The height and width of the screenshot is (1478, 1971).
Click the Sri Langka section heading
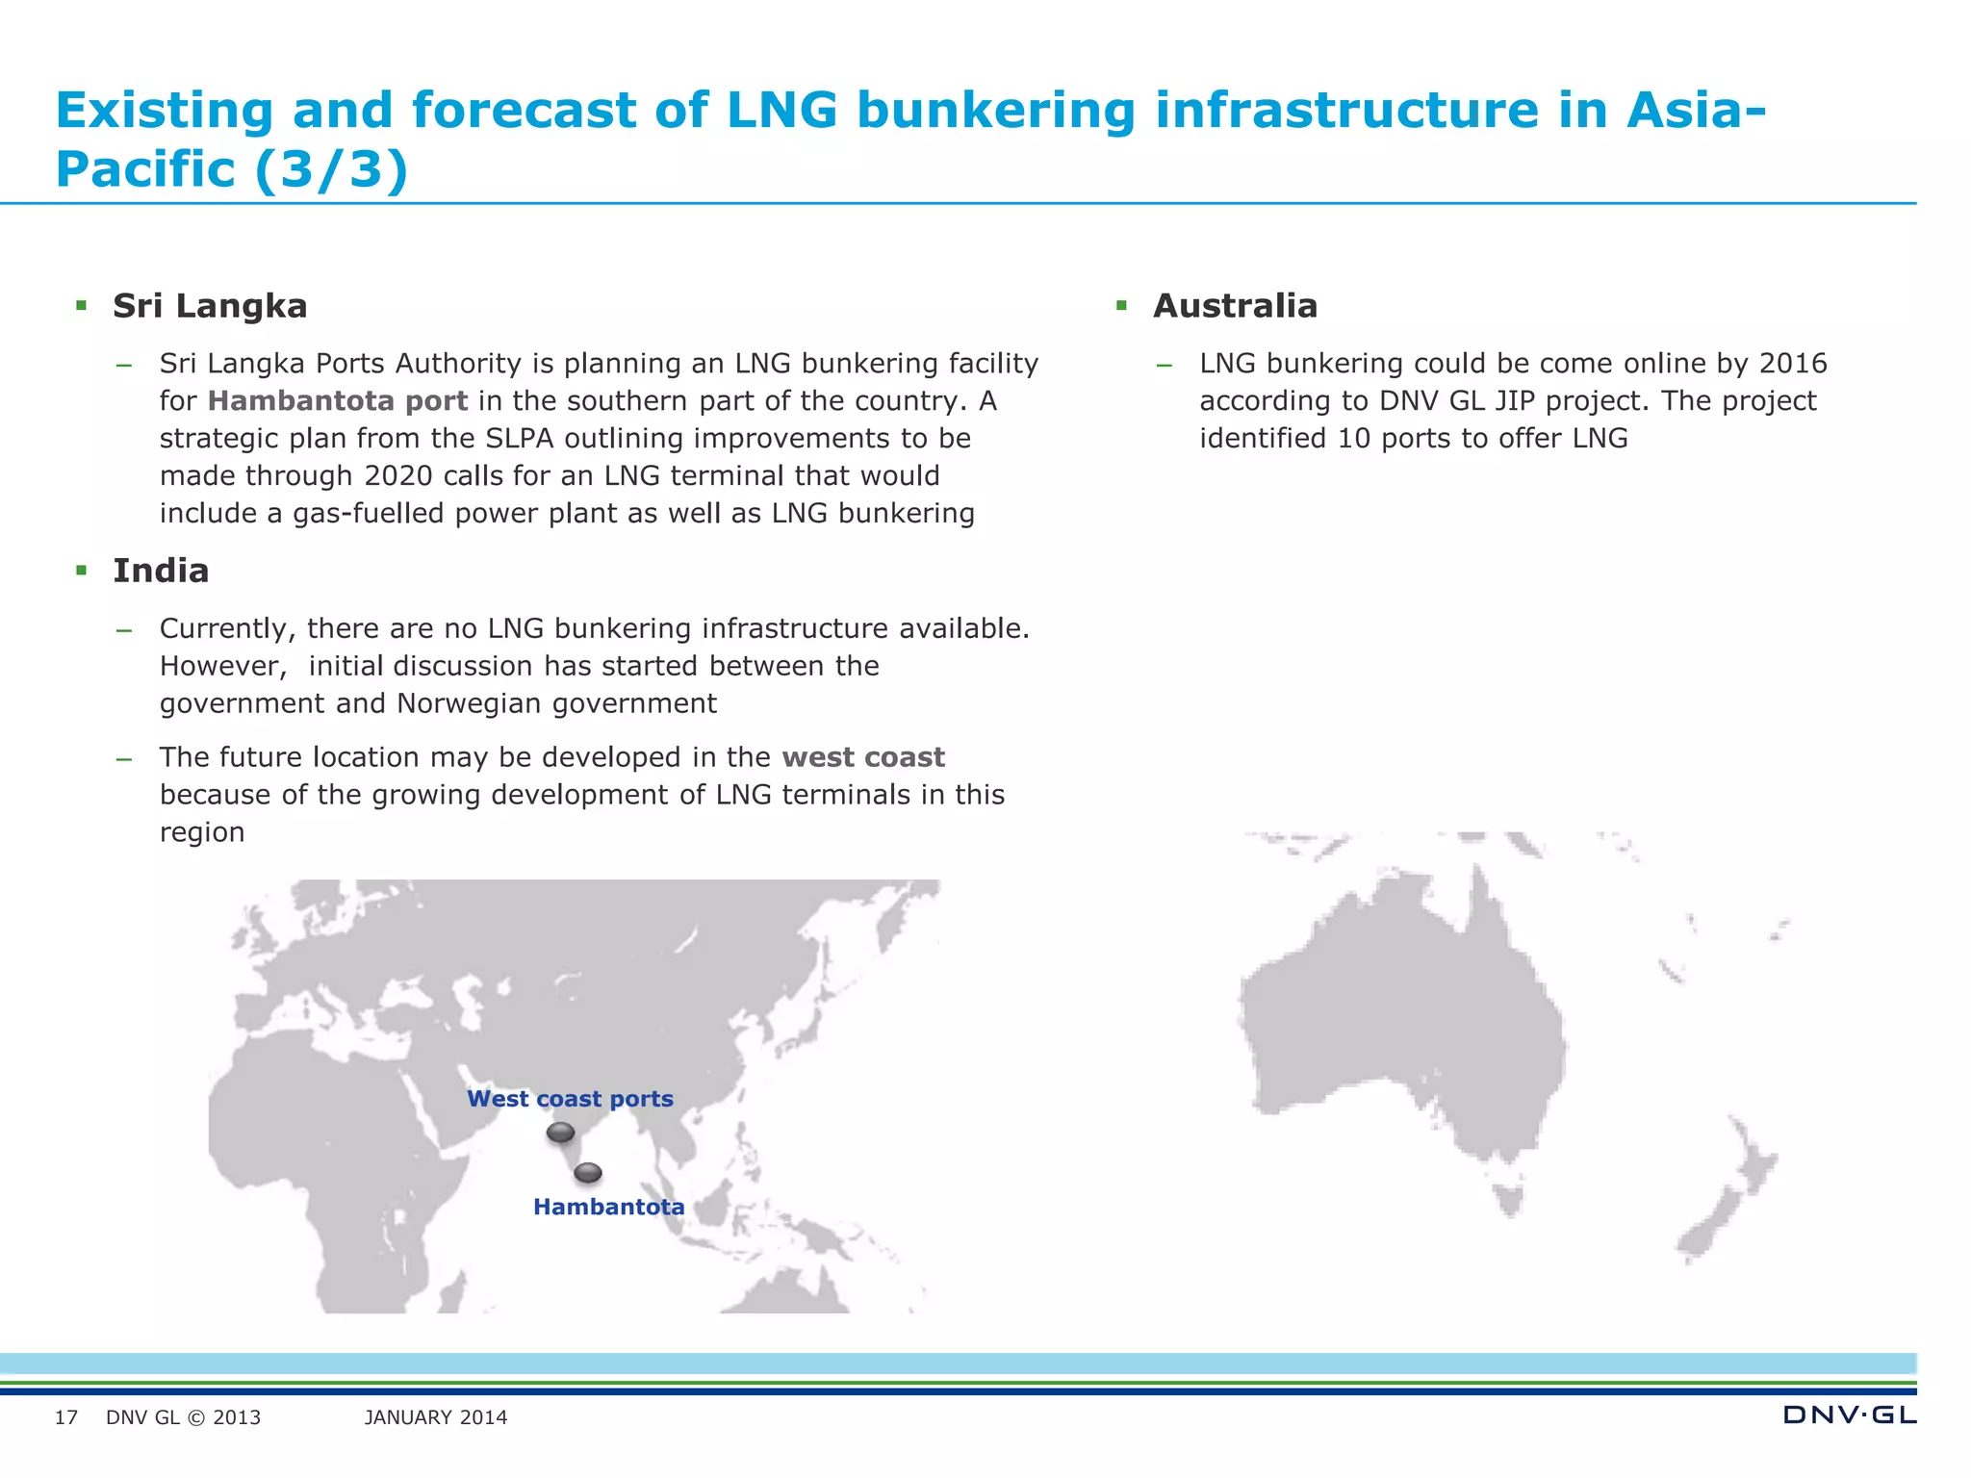click(210, 306)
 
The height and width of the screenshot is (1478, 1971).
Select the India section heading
click(161, 571)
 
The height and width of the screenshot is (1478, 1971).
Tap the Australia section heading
click(1235, 306)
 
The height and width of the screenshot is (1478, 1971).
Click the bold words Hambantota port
click(338, 400)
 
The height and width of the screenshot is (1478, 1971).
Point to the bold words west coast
click(863, 757)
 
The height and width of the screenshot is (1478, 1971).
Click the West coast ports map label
click(570, 1099)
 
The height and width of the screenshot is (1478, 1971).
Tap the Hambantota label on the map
click(608, 1207)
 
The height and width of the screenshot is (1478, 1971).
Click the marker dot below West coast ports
click(560, 1133)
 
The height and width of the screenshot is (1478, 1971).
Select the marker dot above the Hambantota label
click(588, 1173)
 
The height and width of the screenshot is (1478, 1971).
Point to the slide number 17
click(66, 1417)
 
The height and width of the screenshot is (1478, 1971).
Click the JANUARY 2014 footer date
click(436, 1417)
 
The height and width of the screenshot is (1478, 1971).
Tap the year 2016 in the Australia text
click(1793, 363)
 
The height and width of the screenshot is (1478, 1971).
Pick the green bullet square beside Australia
click(1121, 306)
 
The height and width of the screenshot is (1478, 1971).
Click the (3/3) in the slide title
click(332, 169)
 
